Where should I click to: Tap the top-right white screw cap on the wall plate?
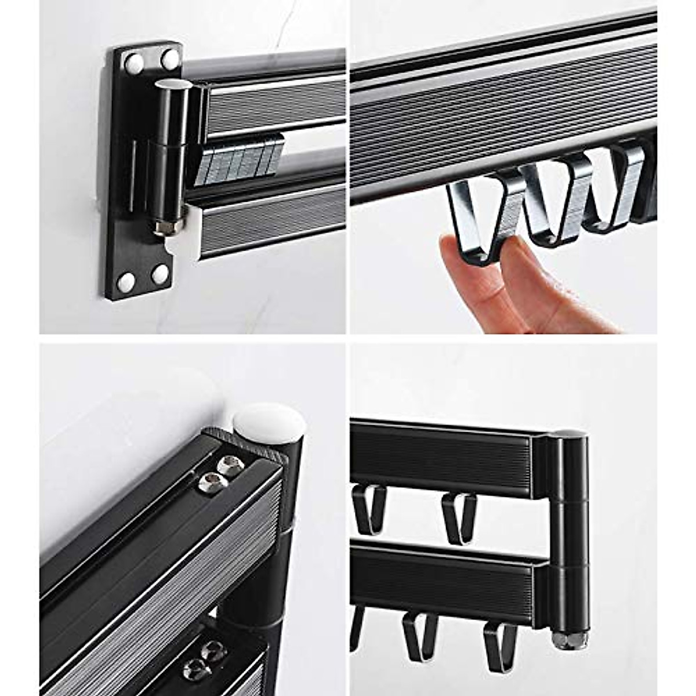[170, 59]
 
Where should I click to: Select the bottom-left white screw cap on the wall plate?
[126, 282]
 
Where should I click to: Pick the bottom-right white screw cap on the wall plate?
[160, 274]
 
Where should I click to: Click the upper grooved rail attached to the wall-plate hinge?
[273, 104]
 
